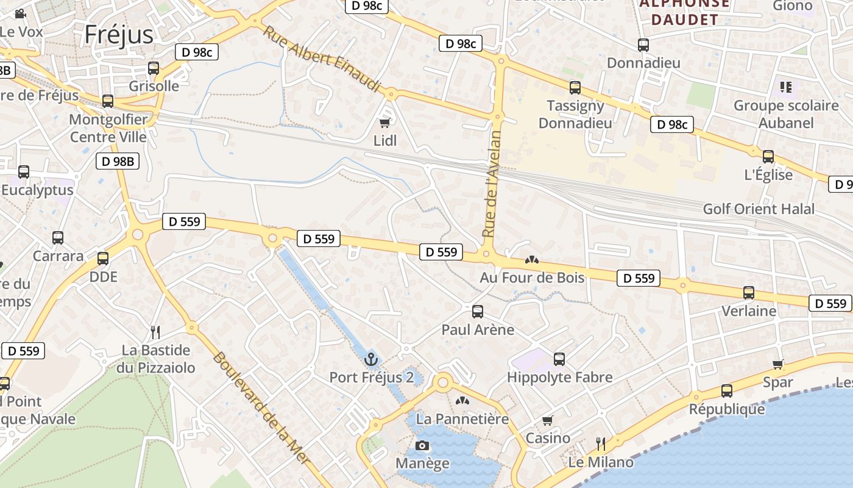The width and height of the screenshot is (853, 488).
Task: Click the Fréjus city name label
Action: (x=119, y=34)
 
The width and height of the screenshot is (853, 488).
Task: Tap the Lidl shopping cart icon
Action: (x=384, y=123)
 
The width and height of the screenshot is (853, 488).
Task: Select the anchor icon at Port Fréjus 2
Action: (x=371, y=359)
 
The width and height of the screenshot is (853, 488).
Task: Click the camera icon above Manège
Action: (x=422, y=446)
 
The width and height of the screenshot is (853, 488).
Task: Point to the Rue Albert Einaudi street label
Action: (x=322, y=59)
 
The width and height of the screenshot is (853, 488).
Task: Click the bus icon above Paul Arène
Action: (x=478, y=312)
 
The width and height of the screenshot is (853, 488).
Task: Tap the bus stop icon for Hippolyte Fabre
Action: (x=559, y=359)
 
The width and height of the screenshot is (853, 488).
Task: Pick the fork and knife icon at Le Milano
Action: (x=601, y=443)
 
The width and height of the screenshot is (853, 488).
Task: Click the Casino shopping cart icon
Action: (x=548, y=420)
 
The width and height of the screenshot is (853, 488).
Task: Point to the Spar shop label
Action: (x=778, y=382)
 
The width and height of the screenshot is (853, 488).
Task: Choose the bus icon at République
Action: (x=726, y=391)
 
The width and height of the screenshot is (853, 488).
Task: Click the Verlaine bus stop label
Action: (x=749, y=311)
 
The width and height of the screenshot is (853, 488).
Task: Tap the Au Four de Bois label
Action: (x=532, y=278)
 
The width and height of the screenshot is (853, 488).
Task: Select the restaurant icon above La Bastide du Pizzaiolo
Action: (x=155, y=332)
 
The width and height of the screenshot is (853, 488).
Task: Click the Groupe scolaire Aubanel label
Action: (x=785, y=114)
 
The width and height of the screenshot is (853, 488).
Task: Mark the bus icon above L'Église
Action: (x=768, y=157)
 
